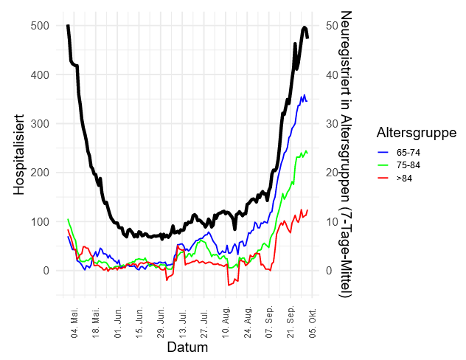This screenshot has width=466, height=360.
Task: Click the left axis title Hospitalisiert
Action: click(20, 154)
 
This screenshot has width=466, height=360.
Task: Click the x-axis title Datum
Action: click(187, 347)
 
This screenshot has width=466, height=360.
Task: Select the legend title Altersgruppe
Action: click(416, 133)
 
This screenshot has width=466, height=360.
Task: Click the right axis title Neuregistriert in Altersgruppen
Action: click(344, 154)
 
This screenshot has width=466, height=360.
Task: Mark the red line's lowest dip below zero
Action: click(229, 285)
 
